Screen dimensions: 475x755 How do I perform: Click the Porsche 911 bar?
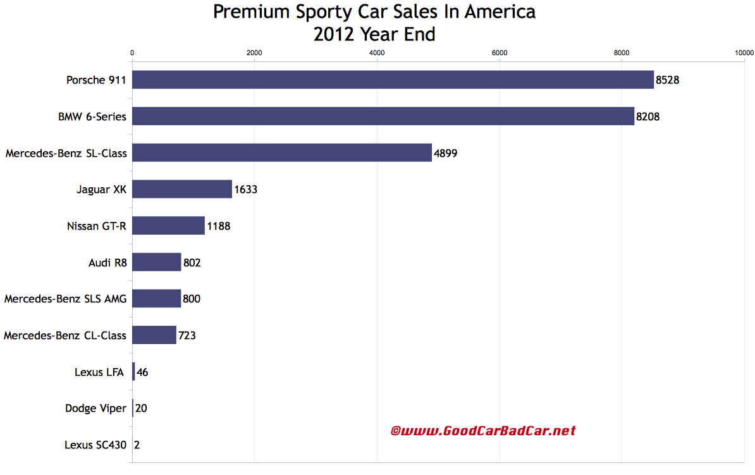tap(392, 80)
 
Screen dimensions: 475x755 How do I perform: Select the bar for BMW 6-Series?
tap(383, 116)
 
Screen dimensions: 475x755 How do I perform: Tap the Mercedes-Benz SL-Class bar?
tap(281, 152)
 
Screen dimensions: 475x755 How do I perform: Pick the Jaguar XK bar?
tap(181, 189)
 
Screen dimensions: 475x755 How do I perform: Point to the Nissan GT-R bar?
tap(168, 226)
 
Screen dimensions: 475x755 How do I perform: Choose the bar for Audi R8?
tap(156, 262)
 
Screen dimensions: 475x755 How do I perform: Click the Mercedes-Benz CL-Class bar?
tap(154, 335)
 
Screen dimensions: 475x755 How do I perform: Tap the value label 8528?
tap(667, 80)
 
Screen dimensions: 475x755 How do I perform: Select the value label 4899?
tap(445, 153)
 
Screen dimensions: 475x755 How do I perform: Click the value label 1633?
tap(245, 189)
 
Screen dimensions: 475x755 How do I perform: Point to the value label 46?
tap(142, 372)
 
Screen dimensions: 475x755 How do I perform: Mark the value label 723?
tap(187, 335)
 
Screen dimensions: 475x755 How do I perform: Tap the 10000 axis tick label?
tap(744, 53)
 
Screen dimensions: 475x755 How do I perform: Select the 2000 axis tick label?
tap(254, 53)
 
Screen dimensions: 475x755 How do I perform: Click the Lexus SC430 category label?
tap(95, 445)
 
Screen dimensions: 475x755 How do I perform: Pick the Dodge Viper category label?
tap(95, 408)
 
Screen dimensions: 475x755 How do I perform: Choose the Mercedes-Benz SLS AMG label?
tap(65, 299)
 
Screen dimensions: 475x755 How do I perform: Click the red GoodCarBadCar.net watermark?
tap(483, 431)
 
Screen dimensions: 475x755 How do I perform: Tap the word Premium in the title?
tap(246, 12)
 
